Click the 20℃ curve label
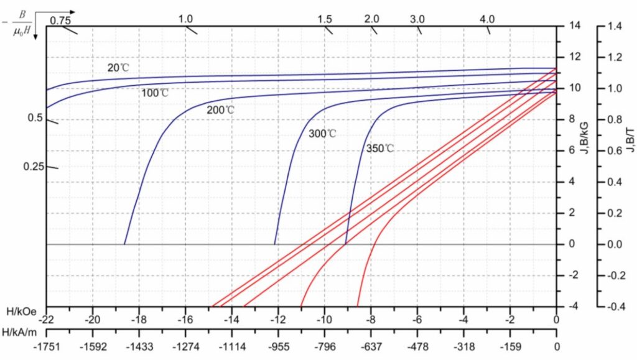tap(118, 68)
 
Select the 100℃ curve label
tap(155, 93)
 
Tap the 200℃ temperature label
tap(221, 110)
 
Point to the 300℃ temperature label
tap(322, 134)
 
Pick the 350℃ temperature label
tap(380, 149)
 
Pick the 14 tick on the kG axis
tap(573, 26)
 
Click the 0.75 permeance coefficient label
tap(60, 21)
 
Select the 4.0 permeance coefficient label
tap(487, 19)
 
